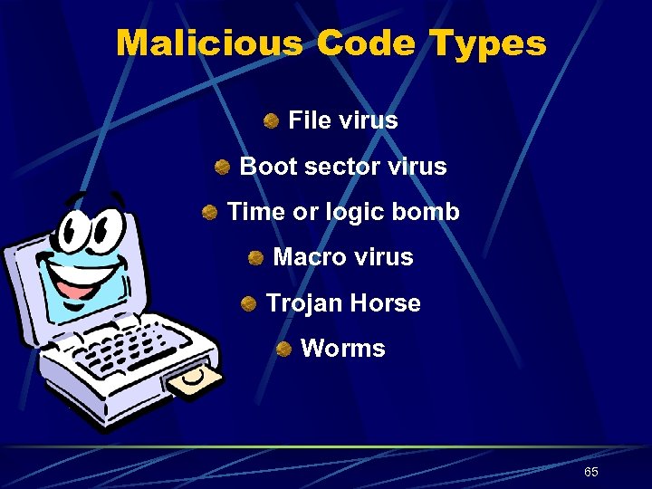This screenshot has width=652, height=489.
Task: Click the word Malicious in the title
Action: [x=207, y=43]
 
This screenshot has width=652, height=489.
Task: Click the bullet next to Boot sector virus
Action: [x=222, y=168]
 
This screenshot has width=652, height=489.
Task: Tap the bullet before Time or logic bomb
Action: [x=209, y=213]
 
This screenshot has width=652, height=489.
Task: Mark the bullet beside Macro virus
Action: [x=255, y=258]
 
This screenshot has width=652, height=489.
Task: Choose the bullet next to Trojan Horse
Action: [x=248, y=303]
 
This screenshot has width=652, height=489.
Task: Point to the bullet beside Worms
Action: [x=283, y=349]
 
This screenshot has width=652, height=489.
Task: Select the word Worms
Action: [x=342, y=349]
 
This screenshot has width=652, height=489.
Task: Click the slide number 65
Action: [x=590, y=472]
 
